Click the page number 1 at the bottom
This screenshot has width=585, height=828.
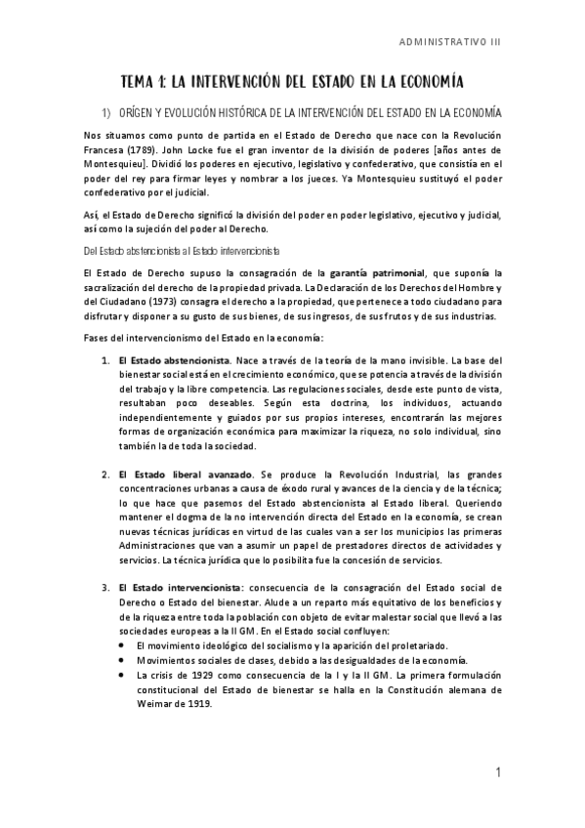(x=497, y=773)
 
